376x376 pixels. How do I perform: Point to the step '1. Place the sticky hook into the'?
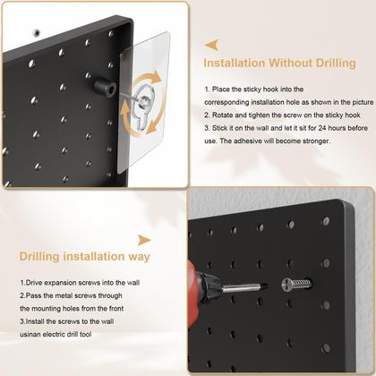tap(253, 90)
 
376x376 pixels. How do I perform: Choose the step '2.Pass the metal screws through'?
tap(73, 295)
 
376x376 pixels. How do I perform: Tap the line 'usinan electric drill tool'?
tap(59, 334)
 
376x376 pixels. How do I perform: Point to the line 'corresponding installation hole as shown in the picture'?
tap(289, 103)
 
